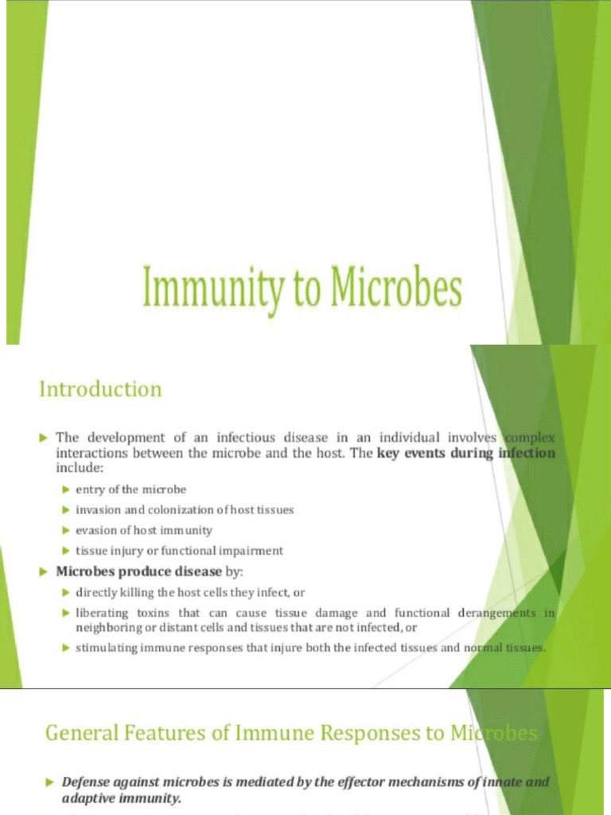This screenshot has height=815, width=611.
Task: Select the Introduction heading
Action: (100, 389)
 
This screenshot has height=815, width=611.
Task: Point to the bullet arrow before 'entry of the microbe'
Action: (67, 489)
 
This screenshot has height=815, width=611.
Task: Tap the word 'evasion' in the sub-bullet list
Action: (95, 530)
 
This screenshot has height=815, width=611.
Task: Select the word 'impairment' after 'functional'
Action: (253, 551)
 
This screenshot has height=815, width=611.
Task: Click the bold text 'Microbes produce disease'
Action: (138, 571)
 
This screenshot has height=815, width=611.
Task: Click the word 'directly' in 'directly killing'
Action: (96, 592)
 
